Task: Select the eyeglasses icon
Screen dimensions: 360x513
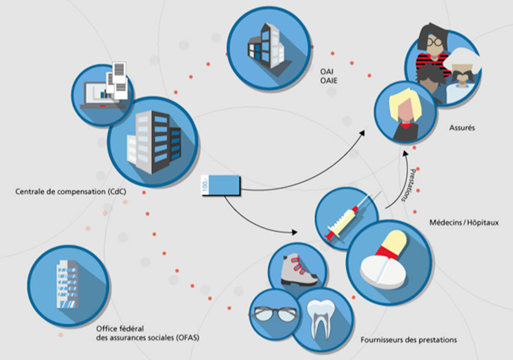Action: [x=274, y=314]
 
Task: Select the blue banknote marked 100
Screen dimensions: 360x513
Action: [x=220, y=185]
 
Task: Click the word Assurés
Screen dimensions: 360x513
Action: [x=462, y=128]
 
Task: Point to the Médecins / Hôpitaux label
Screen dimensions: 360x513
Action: [x=464, y=222]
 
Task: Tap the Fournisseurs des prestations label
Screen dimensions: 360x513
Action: [x=408, y=340]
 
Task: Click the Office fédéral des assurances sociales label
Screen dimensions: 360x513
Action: [x=147, y=333]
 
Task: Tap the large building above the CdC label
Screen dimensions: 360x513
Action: [x=153, y=142]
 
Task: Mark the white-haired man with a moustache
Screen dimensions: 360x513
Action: [x=463, y=75]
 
